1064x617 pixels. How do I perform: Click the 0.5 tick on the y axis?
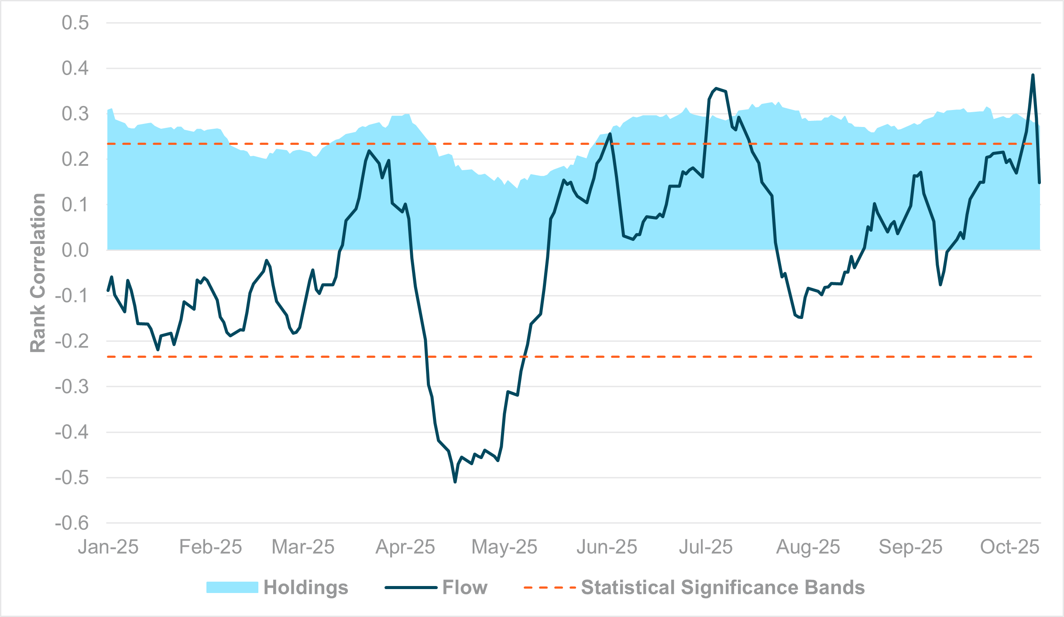pyautogui.click(x=75, y=23)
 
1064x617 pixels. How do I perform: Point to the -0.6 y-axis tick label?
pyautogui.click(x=72, y=523)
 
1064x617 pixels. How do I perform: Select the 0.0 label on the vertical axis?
pyautogui.click(x=75, y=250)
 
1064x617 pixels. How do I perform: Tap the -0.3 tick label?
pyautogui.click(x=72, y=387)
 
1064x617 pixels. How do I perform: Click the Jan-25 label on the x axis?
pyautogui.click(x=108, y=547)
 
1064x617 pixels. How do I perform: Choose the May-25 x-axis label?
pyautogui.click(x=504, y=547)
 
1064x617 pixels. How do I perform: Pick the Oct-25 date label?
pyautogui.click(x=1009, y=547)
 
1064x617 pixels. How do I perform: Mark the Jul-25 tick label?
pyautogui.click(x=706, y=547)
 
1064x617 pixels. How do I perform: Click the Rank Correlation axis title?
pyautogui.click(x=38, y=273)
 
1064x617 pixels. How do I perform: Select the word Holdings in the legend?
pyautogui.click(x=305, y=587)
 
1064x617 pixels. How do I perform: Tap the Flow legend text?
pyautogui.click(x=465, y=587)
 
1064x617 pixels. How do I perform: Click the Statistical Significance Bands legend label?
pyautogui.click(x=723, y=587)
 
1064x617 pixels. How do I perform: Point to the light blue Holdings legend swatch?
pyautogui.click(x=232, y=587)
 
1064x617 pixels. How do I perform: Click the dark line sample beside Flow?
pyautogui.click(x=411, y=587)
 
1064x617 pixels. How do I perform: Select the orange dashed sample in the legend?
pyautogui.click(x=549, y=587)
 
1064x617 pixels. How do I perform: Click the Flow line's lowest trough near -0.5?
pyautogui.click(x=455, y=482)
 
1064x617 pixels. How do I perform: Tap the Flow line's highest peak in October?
pyautogui.click(x=1033, y=75)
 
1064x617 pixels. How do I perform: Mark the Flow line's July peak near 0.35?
pyautogui.click(x=716, y=88)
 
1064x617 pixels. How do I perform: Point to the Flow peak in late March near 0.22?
pyautogui.click(x=369, y=151)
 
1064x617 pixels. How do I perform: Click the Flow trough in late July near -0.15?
pyautogui.click(x=801, y=317)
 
